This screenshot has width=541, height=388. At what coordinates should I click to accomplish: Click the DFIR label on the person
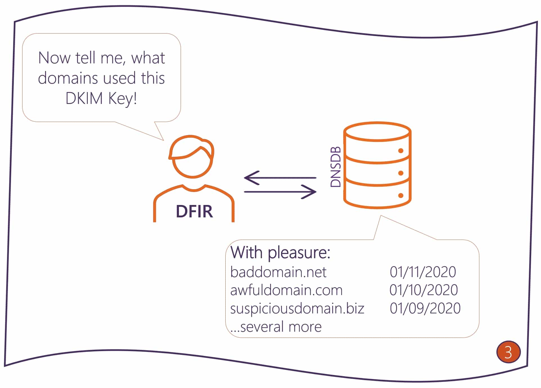(194, 211)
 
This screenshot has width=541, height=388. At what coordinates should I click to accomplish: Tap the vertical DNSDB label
(336, 167)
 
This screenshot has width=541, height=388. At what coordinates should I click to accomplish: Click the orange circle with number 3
(508, 352)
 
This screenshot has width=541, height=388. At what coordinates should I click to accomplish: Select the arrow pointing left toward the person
(280, 178)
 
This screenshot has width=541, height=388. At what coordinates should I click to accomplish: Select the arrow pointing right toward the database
(280, 192)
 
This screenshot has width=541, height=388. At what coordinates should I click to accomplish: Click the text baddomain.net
(278, 272)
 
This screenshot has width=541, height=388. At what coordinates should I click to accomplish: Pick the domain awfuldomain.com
(286, 290)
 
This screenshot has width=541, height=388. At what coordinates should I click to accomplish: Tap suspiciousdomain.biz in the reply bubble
(297, 309)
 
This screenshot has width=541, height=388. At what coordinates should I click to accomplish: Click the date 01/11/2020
(423, 272)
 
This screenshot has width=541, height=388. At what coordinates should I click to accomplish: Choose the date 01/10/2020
(423, 290)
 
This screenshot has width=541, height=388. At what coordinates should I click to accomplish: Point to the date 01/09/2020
(425, 309)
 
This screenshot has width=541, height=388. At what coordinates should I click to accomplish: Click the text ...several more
(276, 327)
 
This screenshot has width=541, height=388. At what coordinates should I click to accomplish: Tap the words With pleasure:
(280, 253)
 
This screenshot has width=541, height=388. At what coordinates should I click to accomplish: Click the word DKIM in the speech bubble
(84, 99)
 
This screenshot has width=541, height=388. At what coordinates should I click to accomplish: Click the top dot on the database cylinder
(401, 151)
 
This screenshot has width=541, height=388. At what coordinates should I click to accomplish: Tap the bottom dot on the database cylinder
(401, 195)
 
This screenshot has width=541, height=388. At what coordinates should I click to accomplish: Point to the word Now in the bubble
(54, 58)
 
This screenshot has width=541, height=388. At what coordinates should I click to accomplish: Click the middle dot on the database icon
(401, 173)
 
